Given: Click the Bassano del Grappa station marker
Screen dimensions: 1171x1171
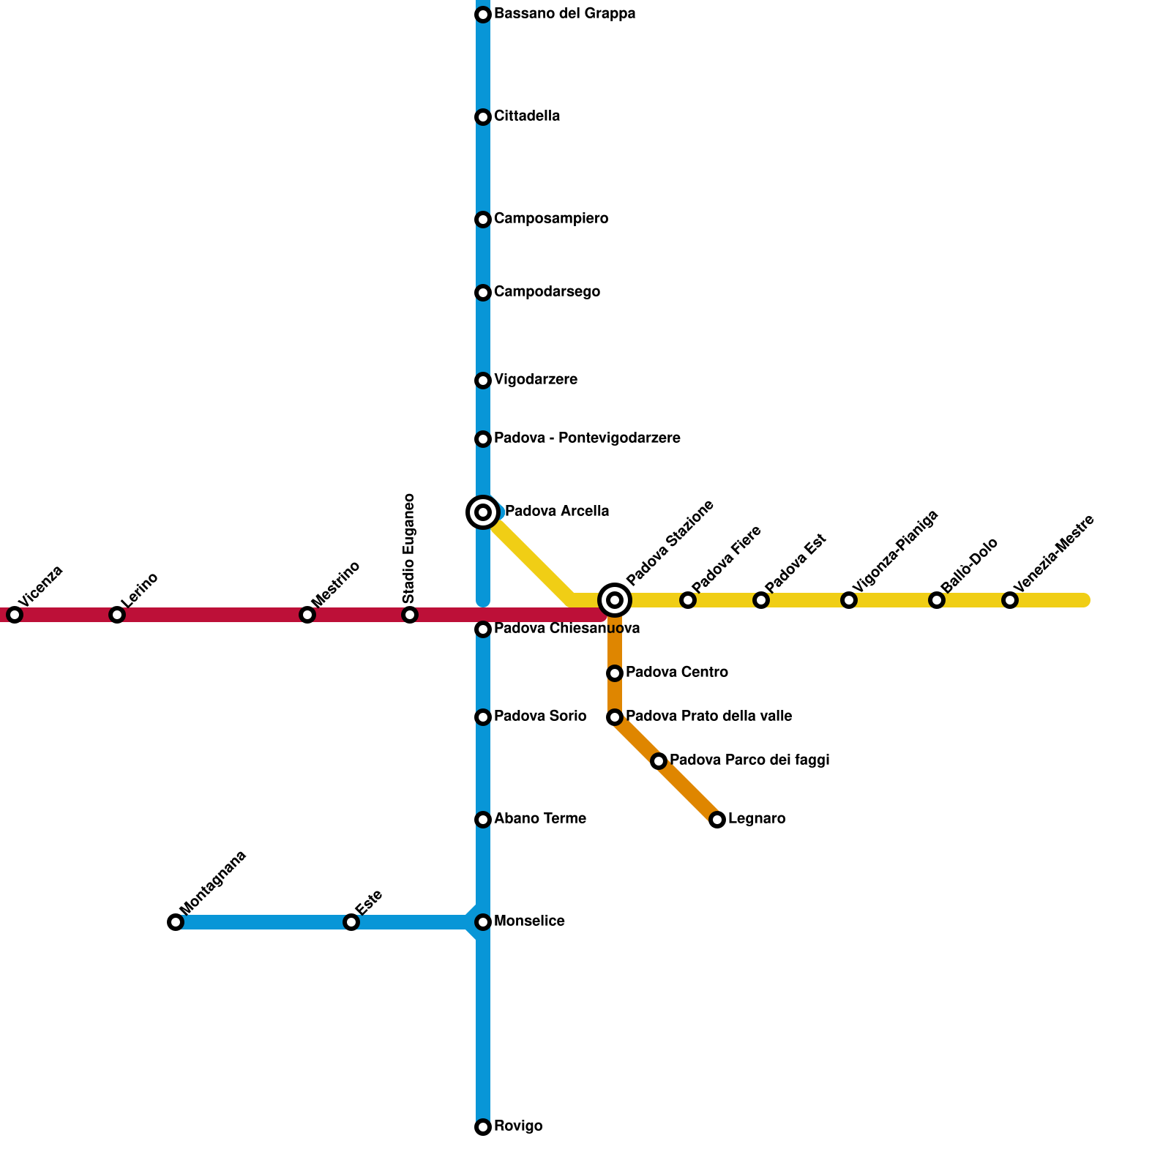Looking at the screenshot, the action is point(483,15).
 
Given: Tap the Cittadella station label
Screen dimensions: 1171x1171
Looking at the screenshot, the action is point(527,116).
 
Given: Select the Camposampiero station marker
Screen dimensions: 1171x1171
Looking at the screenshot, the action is point(483,220).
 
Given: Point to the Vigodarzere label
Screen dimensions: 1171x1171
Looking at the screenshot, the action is point(535,380).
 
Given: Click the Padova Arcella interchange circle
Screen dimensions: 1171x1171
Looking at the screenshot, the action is point(483,512).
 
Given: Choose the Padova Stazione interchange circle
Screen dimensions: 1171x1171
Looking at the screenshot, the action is point(615,600).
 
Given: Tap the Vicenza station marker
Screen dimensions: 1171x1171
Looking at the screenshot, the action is point(15,615).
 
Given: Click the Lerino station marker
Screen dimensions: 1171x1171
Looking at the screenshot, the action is point(117,615).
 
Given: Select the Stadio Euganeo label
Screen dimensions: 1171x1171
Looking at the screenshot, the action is point(409,549).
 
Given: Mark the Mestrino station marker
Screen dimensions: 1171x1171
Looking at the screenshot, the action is point(307,615).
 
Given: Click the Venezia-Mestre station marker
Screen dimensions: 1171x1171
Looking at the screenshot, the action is point(1010,600).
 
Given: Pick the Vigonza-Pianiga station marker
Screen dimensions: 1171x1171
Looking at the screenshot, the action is point(849,600).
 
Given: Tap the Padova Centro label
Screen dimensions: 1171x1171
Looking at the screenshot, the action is point(676,673).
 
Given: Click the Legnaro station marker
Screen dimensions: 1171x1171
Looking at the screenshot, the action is point(717,820).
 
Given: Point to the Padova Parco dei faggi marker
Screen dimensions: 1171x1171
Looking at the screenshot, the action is point(659,761).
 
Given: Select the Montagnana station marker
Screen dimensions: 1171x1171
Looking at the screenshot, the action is point(176,922).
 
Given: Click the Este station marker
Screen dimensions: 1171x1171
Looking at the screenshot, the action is point(351,922).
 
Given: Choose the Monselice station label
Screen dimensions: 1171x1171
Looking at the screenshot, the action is point(529,921).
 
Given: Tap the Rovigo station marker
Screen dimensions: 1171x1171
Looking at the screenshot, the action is point(483,1127).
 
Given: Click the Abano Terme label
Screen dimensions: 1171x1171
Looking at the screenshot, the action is point(539,819).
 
